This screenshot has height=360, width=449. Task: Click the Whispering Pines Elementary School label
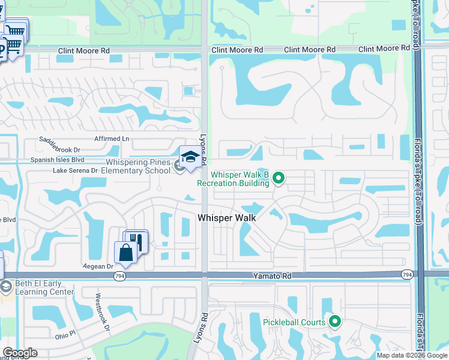138,166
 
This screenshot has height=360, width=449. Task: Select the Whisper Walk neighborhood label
227,218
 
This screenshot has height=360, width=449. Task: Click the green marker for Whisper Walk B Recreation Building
278,178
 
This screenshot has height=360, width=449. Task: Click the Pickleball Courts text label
294,322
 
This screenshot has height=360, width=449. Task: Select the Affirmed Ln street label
112,139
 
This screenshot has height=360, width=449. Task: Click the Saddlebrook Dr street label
59,145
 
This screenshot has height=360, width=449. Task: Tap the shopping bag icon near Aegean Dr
126,252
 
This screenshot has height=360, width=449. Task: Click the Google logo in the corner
20,353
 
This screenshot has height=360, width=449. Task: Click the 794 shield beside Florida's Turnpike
408,274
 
